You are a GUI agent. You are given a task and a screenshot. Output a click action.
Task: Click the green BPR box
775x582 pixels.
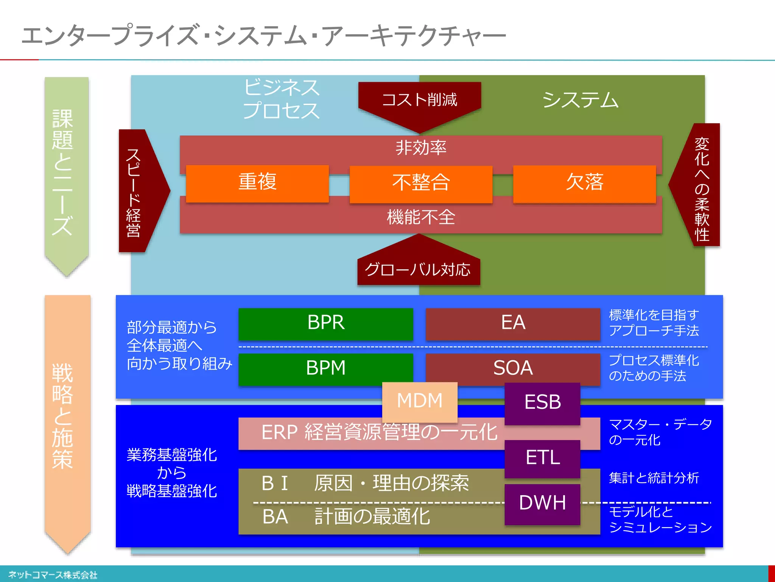pyautogui.click(x=325, y=323)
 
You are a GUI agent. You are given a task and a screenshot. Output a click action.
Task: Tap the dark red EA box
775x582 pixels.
pyautogui.click(x=513, y=323)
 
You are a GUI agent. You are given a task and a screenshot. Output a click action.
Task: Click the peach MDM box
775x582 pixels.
pyautogui.click(x=420, y=401)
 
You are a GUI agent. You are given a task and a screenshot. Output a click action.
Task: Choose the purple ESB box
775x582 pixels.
pyautogui.click(x=542, y=402)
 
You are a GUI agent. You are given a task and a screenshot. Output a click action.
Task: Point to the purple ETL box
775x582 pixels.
pyautogui.click(x=542, y=458)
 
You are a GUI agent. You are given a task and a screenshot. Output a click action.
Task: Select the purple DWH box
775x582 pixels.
pyautogui.click(x=542, y=503)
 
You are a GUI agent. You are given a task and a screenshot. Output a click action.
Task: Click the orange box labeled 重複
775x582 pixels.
pyautogui.click(x=257, y=183)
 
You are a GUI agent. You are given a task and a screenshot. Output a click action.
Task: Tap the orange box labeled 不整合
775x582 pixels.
pyautogui.click(x=421, y=183)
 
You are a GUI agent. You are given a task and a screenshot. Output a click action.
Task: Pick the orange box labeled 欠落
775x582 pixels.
pyautogui.click(x=584, y=183)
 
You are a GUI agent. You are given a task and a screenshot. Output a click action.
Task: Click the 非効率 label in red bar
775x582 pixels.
pyautogui.click(x=421, y=148)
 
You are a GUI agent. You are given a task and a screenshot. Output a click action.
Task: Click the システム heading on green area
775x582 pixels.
pyautogui.click(x=580, y=100)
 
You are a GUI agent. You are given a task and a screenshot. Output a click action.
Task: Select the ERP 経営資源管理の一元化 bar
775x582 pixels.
pyautogui.click(x=371, y=433)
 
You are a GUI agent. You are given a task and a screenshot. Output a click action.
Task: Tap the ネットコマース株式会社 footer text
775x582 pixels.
pyautogui.click(x=53, y=575)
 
